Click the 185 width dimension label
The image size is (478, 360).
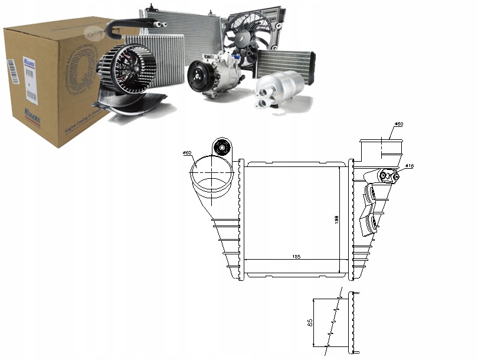coord(296,256)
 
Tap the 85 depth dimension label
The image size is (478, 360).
coord(310,323)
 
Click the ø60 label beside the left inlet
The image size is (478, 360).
coord(188,153)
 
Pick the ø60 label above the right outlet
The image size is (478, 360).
coord(398,124)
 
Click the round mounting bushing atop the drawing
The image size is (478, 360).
coord(223,148)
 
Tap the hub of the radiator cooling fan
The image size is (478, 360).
coord(243,37)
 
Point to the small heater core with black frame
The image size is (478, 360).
coord(286,62)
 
